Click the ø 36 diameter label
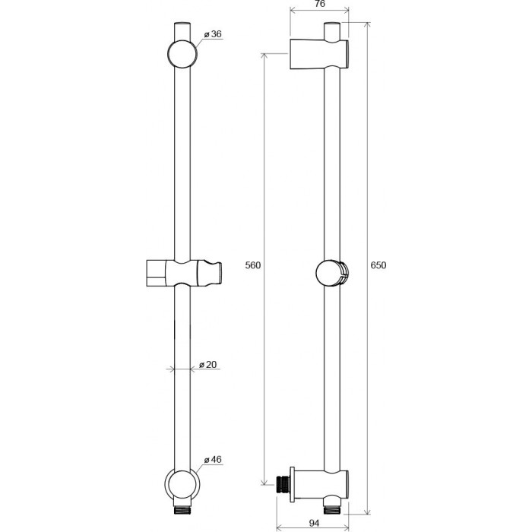coord(213,34)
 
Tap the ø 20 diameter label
coord(207,364)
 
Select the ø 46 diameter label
coord(213,459)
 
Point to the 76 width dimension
coord(320,4)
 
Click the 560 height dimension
coord(253,265)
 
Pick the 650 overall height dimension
coord(378,265)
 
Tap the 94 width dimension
coord(314,523)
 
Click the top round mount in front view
coord(182,54)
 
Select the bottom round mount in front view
coord(182,485)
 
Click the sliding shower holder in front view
coord(184,273)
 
